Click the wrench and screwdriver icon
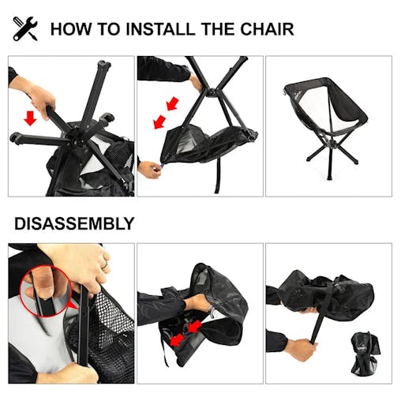[x=25, y=29]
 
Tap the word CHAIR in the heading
[x=267, y=30]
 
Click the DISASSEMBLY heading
[x=73, y=223]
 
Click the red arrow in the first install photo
[x=30, y=118]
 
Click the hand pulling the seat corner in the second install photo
[x=148, y=167]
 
